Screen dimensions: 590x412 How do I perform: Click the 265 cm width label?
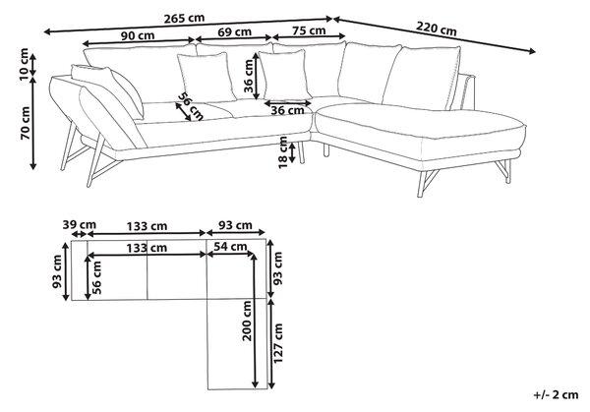point(185,18)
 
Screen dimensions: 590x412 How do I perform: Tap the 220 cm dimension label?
point(437,29)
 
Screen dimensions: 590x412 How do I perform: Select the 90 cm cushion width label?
point(138,35)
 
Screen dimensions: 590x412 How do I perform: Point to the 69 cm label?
point(234,32)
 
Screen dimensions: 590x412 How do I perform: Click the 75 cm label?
point(309,30)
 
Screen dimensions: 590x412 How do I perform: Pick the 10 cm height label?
point(24,64)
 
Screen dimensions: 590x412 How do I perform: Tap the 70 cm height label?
point(26,123)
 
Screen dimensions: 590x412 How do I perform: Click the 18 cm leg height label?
point(283,152)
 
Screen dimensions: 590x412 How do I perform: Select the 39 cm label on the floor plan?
point(80,225)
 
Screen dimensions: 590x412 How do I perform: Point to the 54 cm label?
point(231,247)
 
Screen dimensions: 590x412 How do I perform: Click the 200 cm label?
point(247,321)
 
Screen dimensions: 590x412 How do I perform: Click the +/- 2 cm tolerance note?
point(556,394)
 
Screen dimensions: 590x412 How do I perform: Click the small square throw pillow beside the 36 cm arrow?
point(285,76)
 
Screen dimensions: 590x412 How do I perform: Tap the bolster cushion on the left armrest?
point(107,89)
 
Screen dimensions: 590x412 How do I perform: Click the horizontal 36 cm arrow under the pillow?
point(288,102)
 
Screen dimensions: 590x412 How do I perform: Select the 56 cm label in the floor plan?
point(96,277)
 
